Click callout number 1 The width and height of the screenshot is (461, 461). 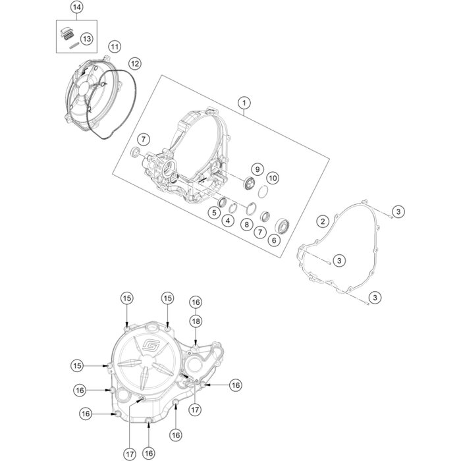pos(244,103)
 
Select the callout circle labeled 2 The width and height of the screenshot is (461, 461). pos(323,221)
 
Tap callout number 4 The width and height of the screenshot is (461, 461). pos(228,221)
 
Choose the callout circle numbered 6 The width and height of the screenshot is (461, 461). pos(273,240)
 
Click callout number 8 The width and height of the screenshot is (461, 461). pos(246,224)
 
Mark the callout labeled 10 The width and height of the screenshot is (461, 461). pos(273,178)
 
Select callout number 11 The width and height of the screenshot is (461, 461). pos(115,47)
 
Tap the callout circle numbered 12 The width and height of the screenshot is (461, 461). pos(134,64)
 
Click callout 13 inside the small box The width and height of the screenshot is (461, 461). pos(87,39)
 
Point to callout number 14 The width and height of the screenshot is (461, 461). pos(77,8)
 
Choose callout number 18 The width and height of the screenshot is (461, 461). pos(196,320)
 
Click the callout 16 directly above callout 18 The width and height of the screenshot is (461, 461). pos(196,302)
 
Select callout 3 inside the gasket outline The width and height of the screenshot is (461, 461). pos(339,261)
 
